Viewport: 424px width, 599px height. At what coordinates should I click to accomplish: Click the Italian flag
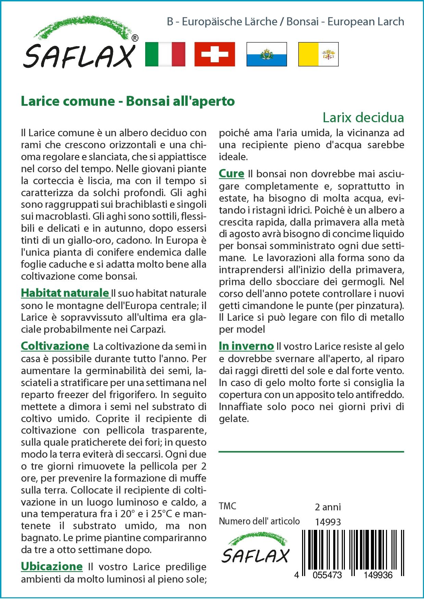165,54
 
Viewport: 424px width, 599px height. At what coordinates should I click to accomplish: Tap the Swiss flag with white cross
215,54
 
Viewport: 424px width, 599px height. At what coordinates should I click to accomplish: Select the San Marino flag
266,54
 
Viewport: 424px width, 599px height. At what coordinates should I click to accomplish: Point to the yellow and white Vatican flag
318,54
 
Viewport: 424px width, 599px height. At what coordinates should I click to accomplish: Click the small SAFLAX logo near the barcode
255,550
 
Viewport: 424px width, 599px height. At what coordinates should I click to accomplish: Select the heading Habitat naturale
65,293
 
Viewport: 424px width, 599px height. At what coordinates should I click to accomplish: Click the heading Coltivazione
55,346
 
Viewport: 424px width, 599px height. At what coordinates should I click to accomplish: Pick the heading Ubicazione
52,566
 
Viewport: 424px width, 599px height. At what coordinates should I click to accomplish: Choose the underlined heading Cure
232,174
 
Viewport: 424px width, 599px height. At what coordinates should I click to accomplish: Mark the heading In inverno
246,346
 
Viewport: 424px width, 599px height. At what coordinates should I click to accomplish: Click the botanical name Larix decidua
363,117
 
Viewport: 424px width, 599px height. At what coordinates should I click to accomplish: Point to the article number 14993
328,522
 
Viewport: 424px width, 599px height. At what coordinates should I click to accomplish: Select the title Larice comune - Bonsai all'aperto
128,101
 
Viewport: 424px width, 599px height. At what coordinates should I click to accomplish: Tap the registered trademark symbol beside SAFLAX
135,38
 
